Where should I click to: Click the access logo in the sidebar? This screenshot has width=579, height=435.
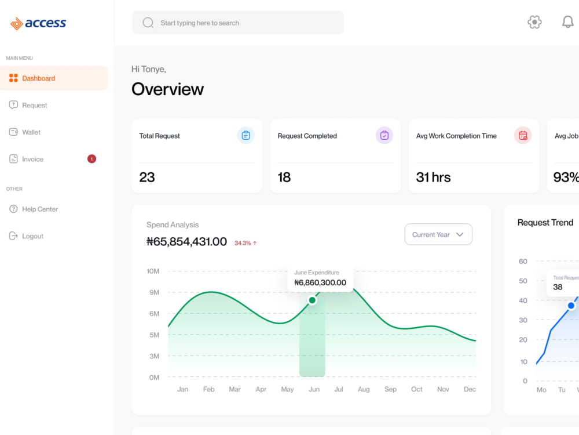click(38, 23)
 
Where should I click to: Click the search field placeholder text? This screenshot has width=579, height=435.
click(200, 23)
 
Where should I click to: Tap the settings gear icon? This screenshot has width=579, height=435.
click(534, 22)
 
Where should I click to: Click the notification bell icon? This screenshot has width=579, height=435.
click(567, 22)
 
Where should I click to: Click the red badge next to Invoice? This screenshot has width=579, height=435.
click(91, 159)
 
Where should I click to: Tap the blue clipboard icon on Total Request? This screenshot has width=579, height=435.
click(245, 135)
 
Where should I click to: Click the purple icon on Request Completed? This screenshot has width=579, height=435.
click(384, 135)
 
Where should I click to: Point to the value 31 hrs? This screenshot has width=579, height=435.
click(433, 177)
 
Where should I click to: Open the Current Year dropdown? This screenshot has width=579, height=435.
click(438, 234)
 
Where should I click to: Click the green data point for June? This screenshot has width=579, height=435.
click(312, 300)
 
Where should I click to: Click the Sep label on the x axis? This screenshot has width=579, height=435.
click(390, 389)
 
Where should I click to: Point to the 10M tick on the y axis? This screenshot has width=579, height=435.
click(153, 271)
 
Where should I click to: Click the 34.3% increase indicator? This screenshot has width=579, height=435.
click(245, 243)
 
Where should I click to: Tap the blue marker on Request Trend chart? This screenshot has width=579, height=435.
click(571, 306)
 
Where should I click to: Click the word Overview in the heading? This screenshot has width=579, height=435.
click(168, 89)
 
